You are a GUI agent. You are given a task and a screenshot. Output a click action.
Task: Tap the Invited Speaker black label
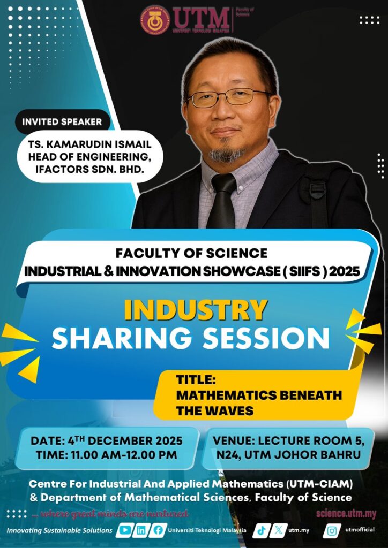tap(62, 121)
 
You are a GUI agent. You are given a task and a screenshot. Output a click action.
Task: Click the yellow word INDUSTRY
tap(196, 310)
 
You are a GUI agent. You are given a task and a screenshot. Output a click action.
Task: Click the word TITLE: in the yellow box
tap(196, 380)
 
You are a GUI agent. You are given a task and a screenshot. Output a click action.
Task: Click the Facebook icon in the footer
tap(158, 530)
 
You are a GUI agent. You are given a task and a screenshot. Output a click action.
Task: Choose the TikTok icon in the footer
tap(261, 530)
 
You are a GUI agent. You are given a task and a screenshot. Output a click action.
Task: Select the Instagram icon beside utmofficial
tap(333, 530)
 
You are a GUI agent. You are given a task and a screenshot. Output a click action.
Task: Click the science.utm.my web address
tap(346, 514)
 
